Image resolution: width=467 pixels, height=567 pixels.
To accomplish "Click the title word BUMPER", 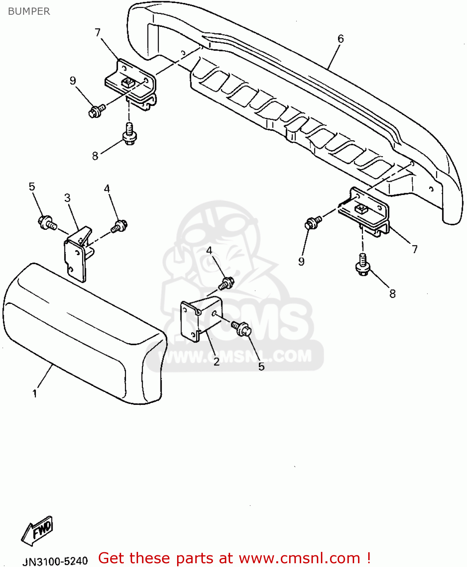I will [x=29, y=11].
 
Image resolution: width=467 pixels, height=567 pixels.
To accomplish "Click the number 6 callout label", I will [x=341, y=39].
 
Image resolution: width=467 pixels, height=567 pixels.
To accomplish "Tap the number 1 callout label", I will [x=35, y=393].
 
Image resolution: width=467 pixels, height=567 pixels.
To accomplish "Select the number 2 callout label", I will [x=216, y=362].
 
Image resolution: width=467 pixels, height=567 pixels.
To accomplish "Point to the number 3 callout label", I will [x=67, y=198].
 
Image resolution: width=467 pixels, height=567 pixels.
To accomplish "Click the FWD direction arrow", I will [x=37, y=530].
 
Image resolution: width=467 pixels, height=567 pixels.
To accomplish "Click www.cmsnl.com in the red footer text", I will [x=299, y=558].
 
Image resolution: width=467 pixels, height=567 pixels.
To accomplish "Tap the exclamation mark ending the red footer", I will [x=368, y=558].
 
